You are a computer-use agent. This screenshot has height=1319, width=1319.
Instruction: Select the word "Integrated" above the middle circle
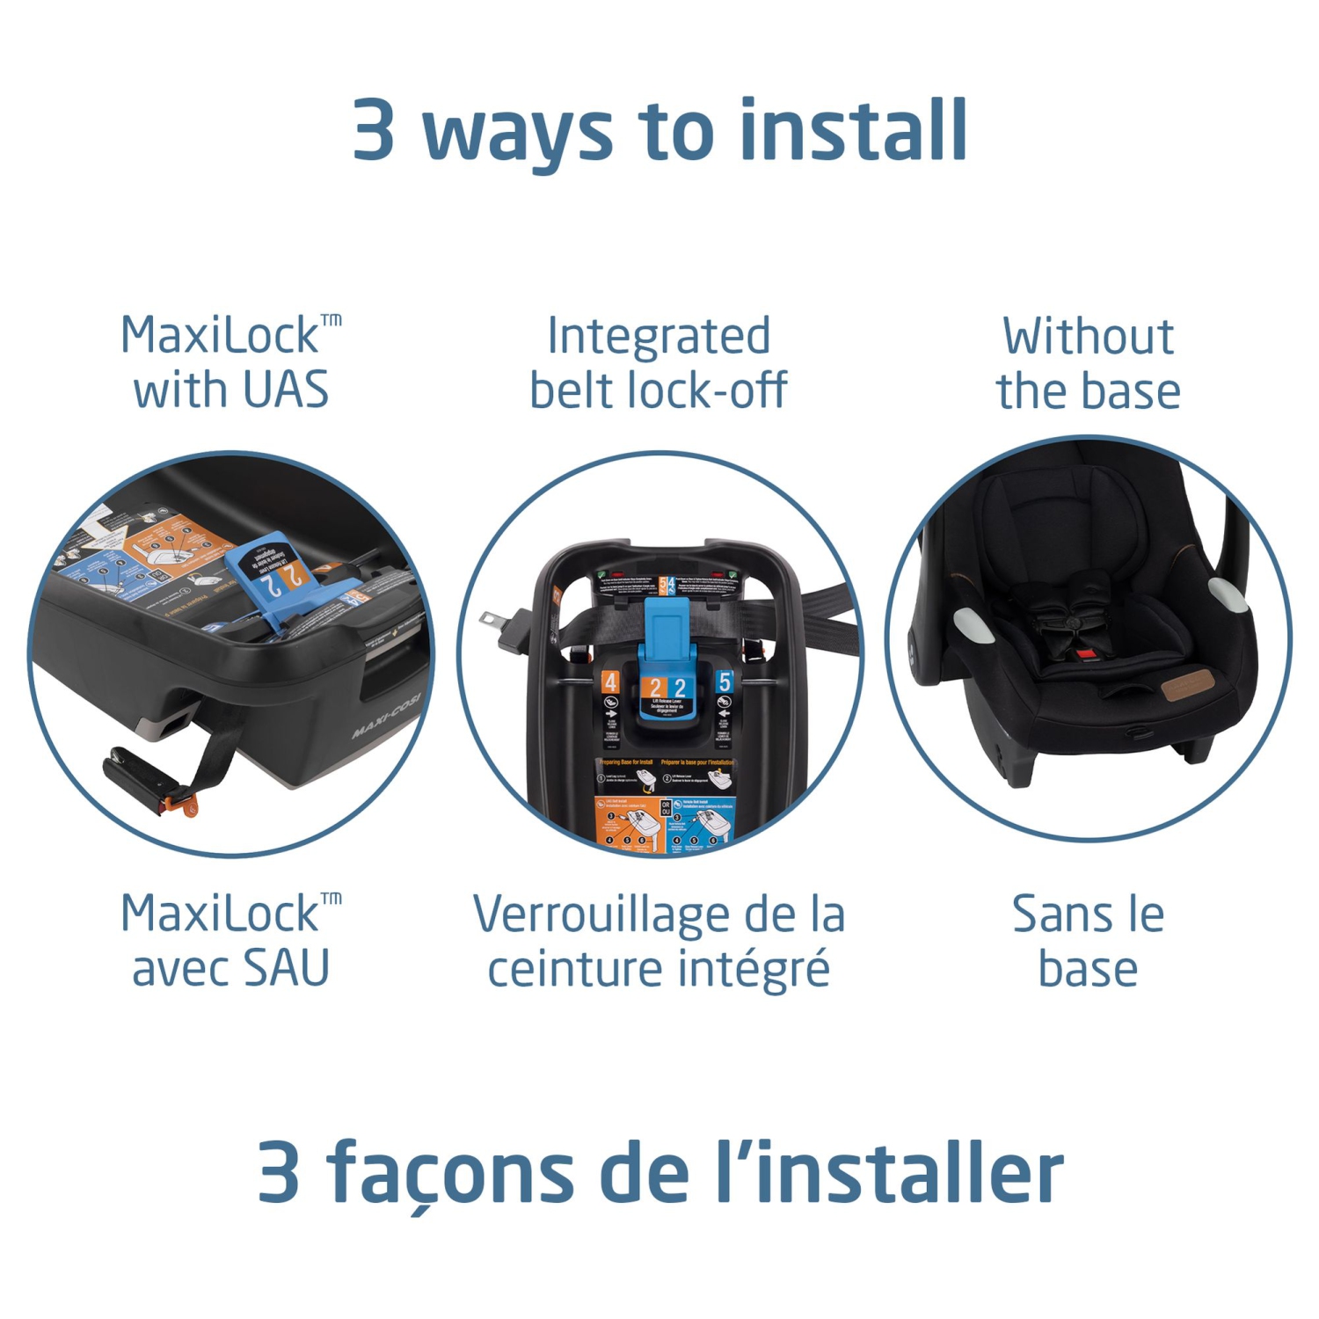click(x=659, y=336)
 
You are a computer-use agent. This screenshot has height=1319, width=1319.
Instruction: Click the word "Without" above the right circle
click(x=1088, y=336)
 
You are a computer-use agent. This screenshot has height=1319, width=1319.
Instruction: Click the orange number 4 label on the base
click(x=610, y=681)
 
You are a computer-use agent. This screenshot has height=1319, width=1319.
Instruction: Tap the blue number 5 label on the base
click(x=724, y=681)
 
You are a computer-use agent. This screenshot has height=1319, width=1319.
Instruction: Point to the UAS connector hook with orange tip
click(x=149, y=777)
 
